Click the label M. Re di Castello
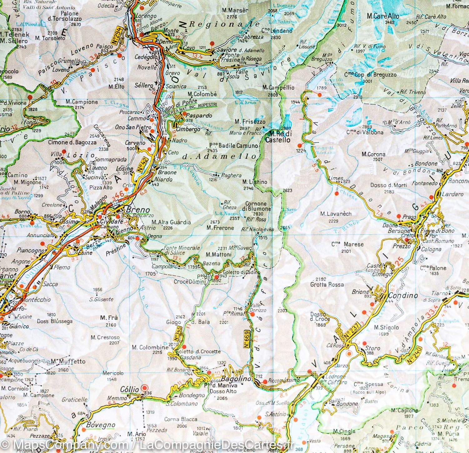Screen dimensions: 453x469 [x=277, y=137]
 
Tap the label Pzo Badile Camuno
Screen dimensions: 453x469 [x=234, y=146]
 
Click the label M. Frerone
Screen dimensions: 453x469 [x=220, y=228]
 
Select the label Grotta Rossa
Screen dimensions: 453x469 [x=327, y=284]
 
